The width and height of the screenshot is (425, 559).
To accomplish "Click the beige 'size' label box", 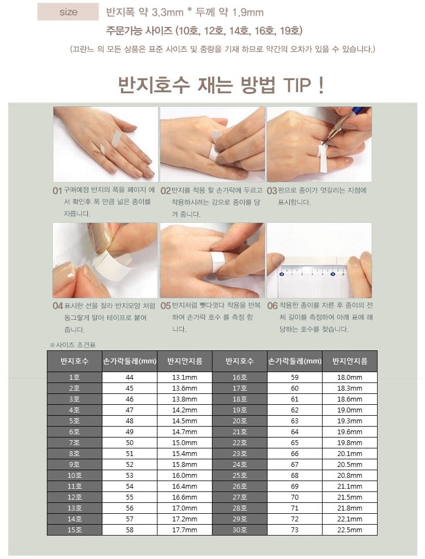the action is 68,12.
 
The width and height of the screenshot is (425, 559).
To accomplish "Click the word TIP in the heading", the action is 296,85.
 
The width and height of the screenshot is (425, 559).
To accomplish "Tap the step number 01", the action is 57,191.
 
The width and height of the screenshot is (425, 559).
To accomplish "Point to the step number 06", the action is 272,306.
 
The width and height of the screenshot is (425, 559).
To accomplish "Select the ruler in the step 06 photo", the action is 314,270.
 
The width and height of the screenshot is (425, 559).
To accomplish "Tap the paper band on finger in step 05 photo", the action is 217,262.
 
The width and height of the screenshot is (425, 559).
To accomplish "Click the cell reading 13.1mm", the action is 185,377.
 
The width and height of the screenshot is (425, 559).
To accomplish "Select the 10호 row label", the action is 75,475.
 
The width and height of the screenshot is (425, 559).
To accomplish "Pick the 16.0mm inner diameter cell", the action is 185,475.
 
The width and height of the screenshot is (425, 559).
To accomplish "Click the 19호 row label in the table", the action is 240,410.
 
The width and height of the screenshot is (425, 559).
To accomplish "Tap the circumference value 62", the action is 295,410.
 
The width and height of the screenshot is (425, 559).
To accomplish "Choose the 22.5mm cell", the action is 350,530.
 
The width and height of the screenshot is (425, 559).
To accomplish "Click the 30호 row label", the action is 240,530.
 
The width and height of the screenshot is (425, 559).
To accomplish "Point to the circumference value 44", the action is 130,377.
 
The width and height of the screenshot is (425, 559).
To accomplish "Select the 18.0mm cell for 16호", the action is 350,377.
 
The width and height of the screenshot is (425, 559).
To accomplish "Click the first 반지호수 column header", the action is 75,361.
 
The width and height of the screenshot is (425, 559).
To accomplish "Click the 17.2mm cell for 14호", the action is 185,519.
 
